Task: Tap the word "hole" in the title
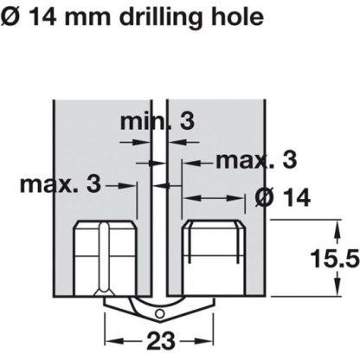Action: click(x=233, y=15)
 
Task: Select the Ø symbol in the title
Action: click(x=10, y=16)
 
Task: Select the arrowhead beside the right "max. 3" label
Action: click(x=184, y=160)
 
